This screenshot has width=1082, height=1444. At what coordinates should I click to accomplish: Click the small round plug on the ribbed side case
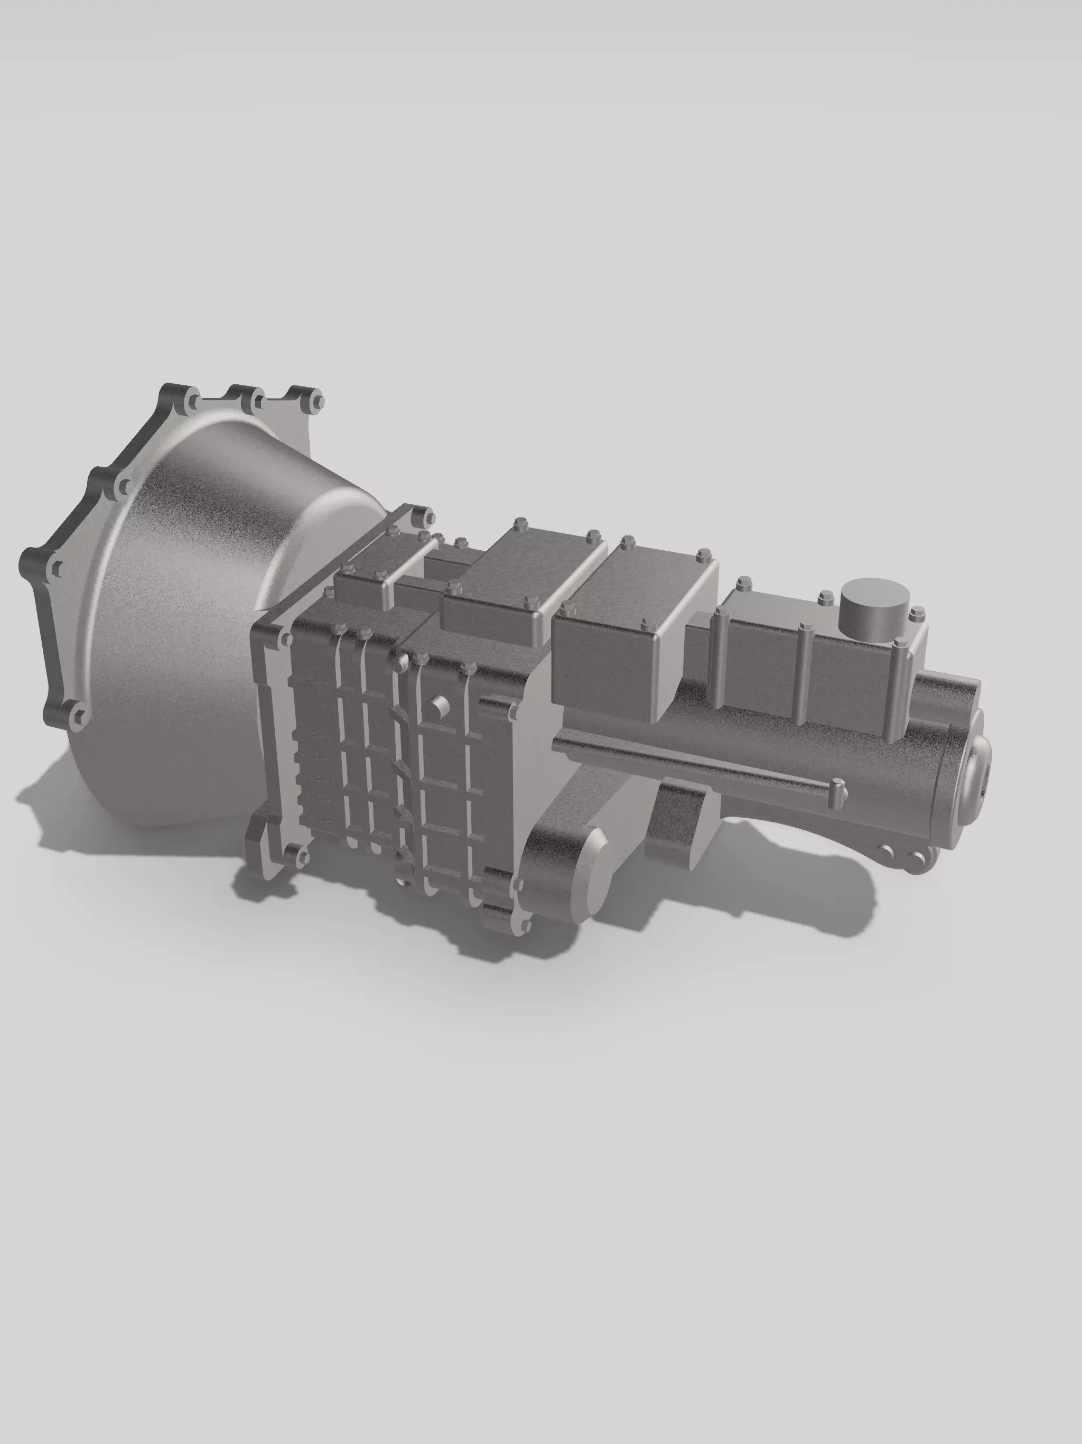point(437,706)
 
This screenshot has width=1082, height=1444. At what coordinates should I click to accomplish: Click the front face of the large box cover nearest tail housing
point(604,659)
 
